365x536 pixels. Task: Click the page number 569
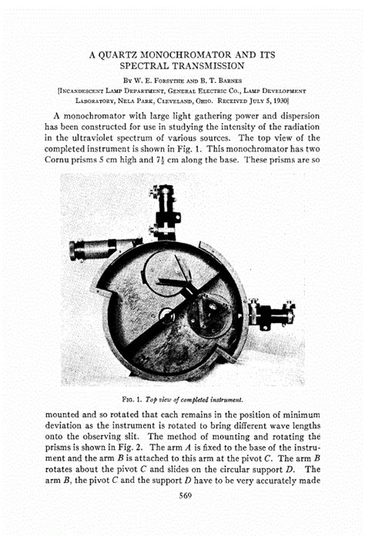click(x=182, y=494)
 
